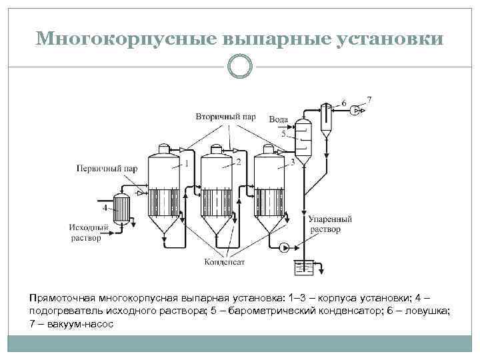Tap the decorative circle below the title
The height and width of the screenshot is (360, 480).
(x=240, y=66)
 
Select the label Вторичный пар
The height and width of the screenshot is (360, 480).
(x=225, y=117)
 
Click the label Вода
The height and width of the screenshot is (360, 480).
(x=279, y=119)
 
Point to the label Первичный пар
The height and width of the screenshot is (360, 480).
(x=107, y=169)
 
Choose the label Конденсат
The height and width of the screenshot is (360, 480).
(x=225, y=262)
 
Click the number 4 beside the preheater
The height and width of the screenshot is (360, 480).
(x=105, y=208)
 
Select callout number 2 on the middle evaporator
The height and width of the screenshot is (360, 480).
(x=238, y=162)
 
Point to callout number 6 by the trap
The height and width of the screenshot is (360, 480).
(x=344, y=103)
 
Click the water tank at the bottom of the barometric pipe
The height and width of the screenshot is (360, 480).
(x=304, y=268)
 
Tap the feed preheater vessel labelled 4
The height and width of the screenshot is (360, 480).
(x=121, y=208)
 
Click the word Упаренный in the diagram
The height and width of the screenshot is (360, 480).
(x=331, y=219)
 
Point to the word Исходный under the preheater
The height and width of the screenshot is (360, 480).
(x=85, y=228)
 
